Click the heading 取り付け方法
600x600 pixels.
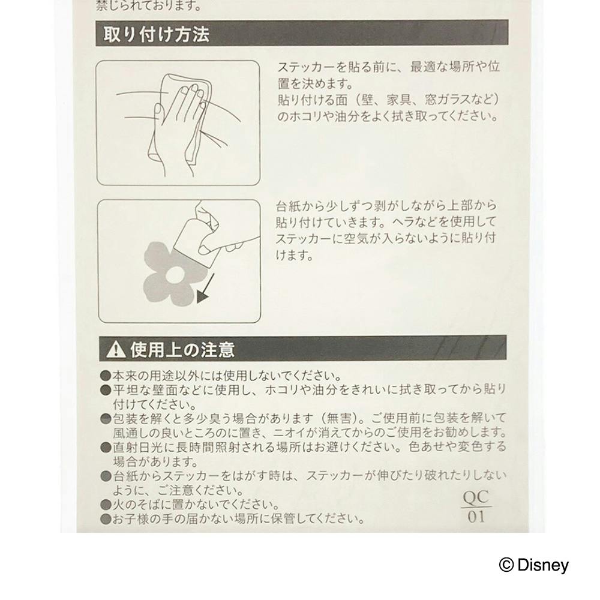(x=156, y=34)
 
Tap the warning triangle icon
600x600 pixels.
(x=116, y=349)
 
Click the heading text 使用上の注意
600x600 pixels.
(x=182, y=349)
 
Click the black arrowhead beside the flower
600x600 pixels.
(x=202, y=296)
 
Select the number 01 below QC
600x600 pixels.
(x=476, y=517)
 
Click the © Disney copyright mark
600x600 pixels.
(x=534, y=565)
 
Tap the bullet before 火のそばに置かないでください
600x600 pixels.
(x=106, y=505)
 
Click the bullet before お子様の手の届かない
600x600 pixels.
(x=106, y=519)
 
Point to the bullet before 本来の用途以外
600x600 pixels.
(x=106, y=376)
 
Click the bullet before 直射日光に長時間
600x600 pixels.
(x=106, y=448)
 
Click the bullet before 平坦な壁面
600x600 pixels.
(x=106, y=391)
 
